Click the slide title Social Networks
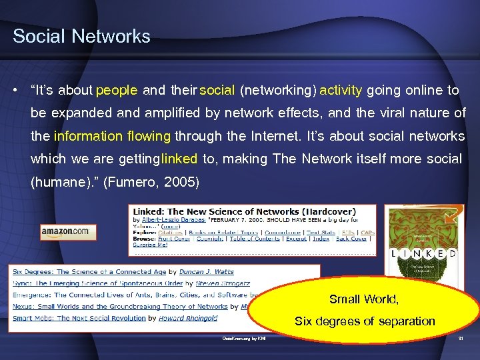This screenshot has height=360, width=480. tap(81, 36)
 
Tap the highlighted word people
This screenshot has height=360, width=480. tap(117, 91)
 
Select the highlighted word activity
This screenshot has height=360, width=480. tap(341, 91)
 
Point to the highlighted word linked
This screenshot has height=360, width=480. tap(179, 159)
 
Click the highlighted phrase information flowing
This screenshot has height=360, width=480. tap(113, 136)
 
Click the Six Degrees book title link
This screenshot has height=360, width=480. tap(89, 272)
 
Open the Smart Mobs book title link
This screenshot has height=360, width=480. tap(79, 318)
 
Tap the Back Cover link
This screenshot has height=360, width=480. tap(351, 238)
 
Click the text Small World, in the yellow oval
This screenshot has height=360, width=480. tap(364, 299)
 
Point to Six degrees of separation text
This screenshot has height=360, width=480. tap(365, 321)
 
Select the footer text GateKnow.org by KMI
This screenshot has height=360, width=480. tap(244, 339)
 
